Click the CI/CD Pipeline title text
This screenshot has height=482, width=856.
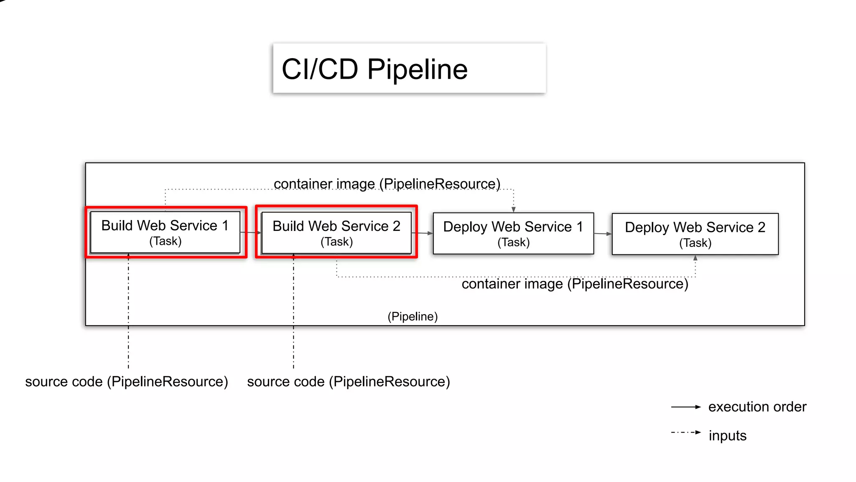[x=374, y=69]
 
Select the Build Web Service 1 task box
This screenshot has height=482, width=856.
[x=165, y=232]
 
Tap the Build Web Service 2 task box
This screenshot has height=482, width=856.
[x=336, y=233]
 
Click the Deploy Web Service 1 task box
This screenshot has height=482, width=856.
[x=513, y=233]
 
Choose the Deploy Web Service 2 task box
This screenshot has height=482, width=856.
[x=695, y=234]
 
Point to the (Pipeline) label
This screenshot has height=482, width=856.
[x=413, y=316]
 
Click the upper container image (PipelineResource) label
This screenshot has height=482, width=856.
[x=387, y=184]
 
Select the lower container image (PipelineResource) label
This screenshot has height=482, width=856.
[x=575, y=284]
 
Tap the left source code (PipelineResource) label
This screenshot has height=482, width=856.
[x=127, y=382]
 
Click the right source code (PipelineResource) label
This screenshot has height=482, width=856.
[x=349, y=382]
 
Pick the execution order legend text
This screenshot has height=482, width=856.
[x=757, y=407]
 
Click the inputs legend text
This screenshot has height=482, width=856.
[x=727, y=436]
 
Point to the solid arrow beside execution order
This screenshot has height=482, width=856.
[x=685, y=407]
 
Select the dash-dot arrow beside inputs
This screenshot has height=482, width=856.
[x=685, y=432]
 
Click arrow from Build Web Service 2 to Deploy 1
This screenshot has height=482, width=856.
[x=422, y=233]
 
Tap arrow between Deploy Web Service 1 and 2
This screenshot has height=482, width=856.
[x=603, y=233]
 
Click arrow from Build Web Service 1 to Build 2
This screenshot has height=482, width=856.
[x=250, y=233]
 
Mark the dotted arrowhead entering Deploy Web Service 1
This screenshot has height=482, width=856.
[x=513, y=209]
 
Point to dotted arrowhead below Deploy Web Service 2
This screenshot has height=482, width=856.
[x=695, y=259]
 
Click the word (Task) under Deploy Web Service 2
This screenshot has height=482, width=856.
[x=695, y=243]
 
